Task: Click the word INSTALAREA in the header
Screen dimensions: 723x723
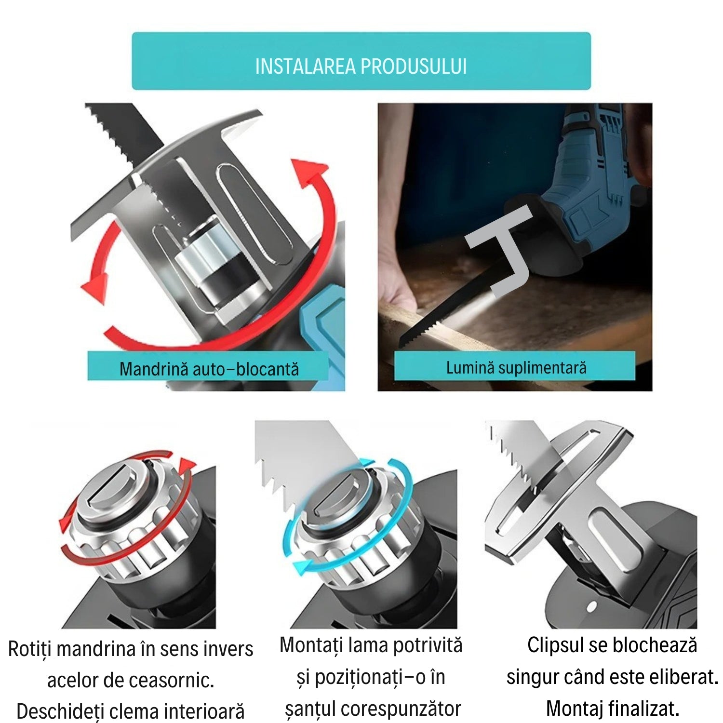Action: coord(306,67)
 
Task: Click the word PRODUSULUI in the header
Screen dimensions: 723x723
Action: coord(414,67)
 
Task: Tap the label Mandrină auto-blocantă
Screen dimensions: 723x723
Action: coord(209,369)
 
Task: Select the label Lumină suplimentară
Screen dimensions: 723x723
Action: coord(516,368)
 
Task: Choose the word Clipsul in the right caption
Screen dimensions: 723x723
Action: coord(557,645)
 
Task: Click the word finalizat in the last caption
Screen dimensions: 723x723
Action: coord(643,709)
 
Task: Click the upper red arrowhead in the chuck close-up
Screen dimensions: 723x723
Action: coord(311,174)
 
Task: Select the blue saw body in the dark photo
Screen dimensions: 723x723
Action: coord(588,193)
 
